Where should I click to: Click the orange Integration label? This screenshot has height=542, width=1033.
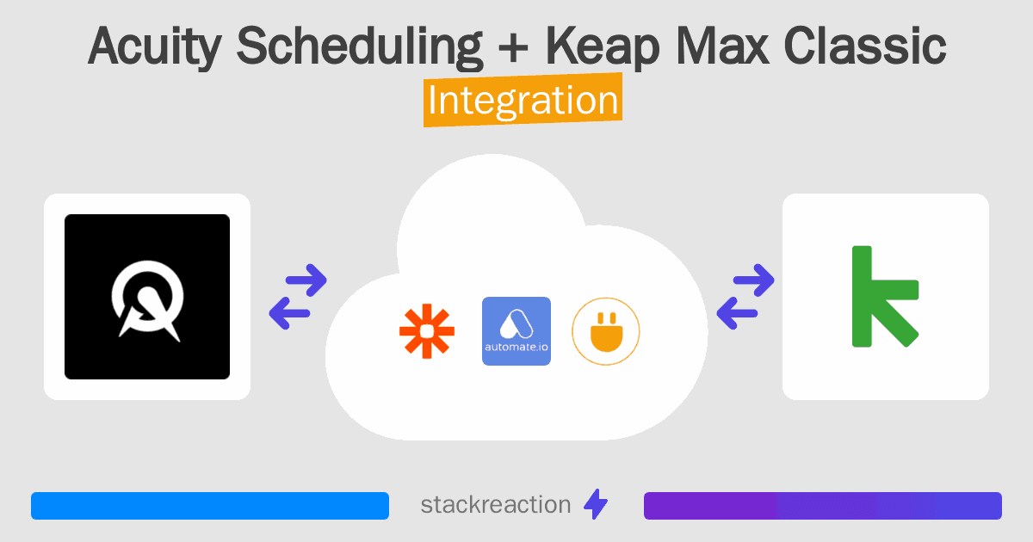pos(523,101)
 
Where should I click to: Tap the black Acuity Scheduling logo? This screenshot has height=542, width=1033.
pos(147,297)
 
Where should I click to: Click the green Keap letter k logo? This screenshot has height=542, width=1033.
pos(885,297)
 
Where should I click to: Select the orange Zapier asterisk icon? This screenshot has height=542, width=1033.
pos(426,331)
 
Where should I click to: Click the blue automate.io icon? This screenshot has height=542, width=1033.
pos(516,331)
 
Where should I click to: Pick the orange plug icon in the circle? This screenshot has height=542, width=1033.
pos(606,331)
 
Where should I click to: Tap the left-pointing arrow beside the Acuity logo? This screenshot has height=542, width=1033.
pos(289,313)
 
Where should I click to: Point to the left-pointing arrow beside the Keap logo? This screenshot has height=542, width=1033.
pos(737,313)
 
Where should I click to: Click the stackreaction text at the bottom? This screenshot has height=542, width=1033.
pos(495,505)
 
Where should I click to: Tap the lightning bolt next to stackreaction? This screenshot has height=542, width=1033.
pos(596,505)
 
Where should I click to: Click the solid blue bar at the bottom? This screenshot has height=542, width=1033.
pos(210,506)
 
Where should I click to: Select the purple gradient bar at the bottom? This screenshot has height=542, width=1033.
pos(822,506)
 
